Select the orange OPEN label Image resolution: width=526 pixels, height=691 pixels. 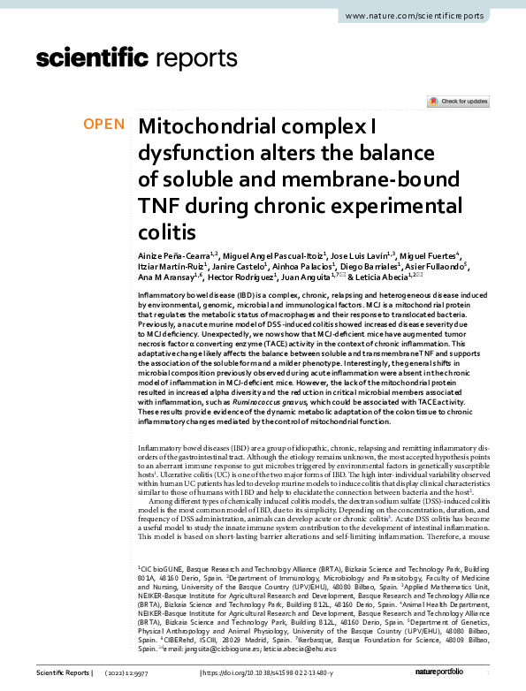click(x=104, y=125)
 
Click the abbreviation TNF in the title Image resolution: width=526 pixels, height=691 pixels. click(x=163, y=205)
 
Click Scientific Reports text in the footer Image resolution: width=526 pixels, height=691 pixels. click(x=62, y=673)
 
